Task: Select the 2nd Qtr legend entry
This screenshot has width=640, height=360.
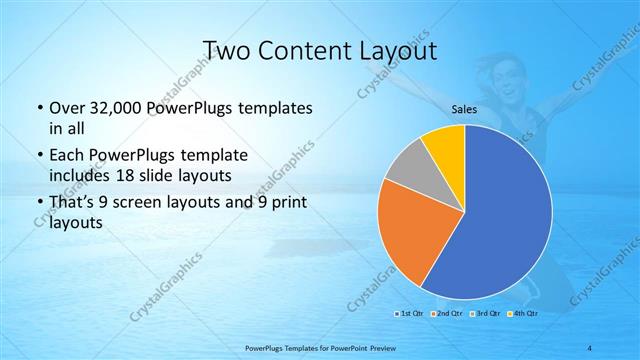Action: coord(444,314)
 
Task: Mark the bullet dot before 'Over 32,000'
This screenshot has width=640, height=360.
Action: coord(38,107)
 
